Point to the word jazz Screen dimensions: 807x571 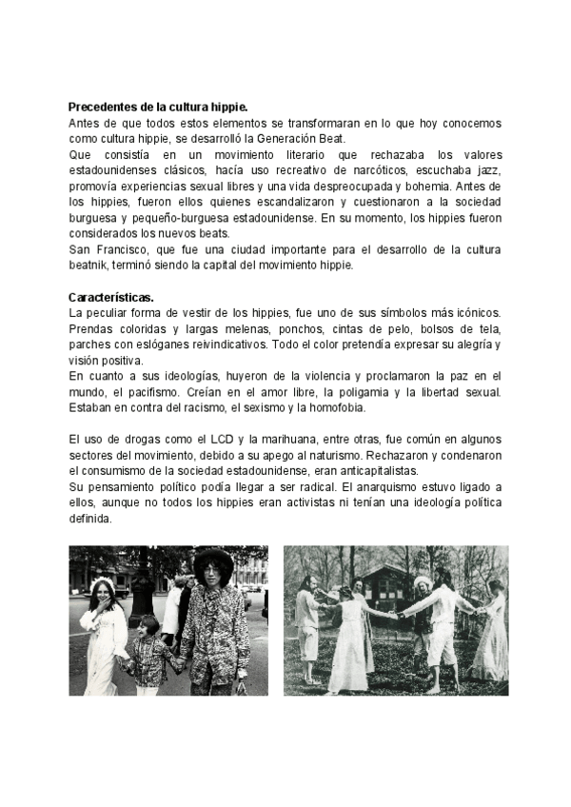tap(490, 170)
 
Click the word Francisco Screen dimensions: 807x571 tap(125, 250)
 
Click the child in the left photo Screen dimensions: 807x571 tap(148, 647)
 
